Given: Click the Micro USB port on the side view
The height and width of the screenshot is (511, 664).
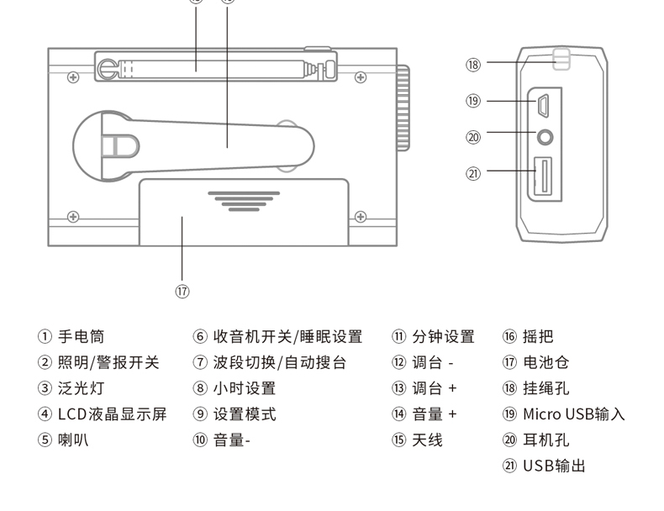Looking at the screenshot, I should coord(543,106).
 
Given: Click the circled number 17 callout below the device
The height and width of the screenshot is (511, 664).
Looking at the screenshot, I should coord(182,291).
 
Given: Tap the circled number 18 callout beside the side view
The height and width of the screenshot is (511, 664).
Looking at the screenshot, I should coord(473,65).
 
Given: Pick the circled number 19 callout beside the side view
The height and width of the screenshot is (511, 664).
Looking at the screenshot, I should coord(473,101).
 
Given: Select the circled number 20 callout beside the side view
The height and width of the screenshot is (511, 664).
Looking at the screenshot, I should coord(473,137).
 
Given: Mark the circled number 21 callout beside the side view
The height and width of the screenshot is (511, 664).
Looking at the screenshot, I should coord(473,173).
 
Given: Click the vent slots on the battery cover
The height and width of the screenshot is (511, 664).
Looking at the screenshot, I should coord(244,202).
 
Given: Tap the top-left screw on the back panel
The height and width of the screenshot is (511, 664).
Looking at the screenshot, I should coord(74,77).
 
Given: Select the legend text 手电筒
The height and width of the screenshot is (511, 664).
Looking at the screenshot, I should coord(81,337).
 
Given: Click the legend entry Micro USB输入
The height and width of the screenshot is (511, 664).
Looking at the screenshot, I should coord(573,414).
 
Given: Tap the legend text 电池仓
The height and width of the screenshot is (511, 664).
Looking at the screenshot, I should coord(545,363).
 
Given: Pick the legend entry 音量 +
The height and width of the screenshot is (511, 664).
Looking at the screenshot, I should coord(434,414).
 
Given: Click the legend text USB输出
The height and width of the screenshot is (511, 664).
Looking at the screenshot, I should coord(554,466).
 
